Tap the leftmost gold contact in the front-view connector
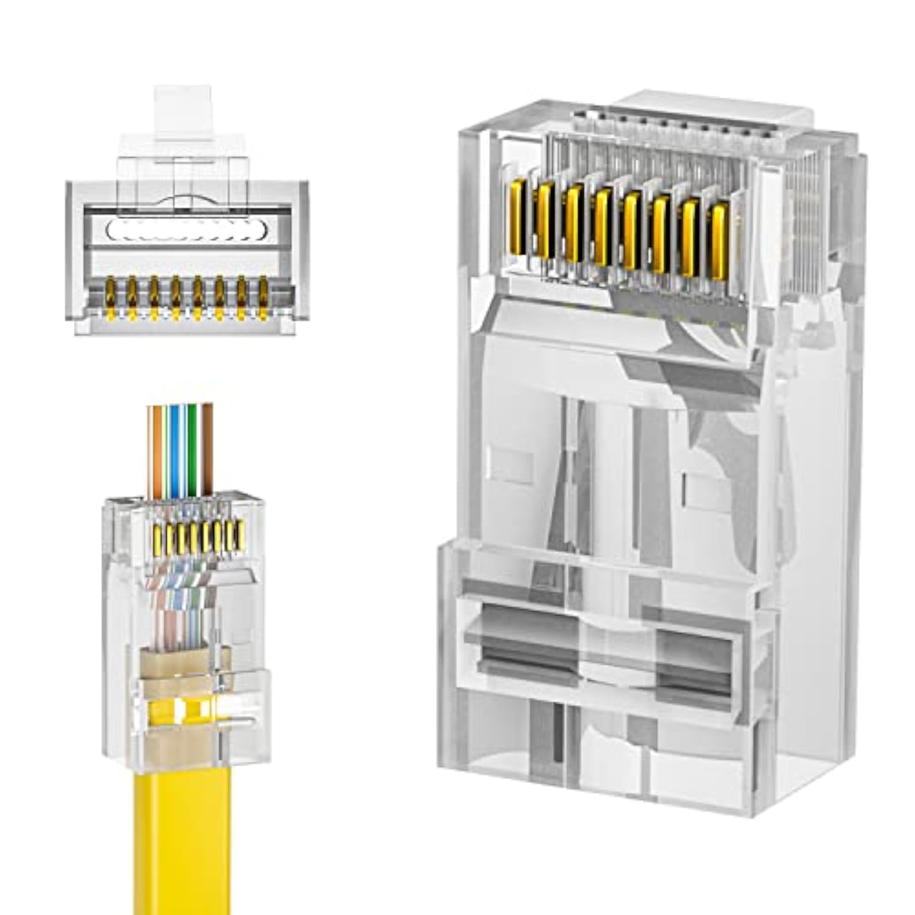pyautogui.click(x=110, y=295)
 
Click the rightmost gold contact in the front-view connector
pyautogui.click(x=264, y=295)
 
